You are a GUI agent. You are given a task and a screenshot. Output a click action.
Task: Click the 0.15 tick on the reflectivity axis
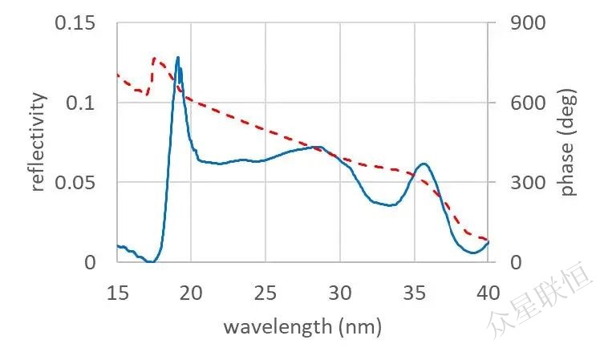tap(75, 23)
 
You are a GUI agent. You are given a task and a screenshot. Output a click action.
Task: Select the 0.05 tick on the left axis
tap(75, 183)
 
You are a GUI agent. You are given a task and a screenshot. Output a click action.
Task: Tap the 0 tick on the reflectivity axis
tap(90, 262)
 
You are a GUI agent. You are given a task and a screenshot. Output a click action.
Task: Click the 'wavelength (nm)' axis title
tap(302, 326)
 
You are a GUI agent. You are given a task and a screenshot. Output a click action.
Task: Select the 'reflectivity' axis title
tap(38, 143)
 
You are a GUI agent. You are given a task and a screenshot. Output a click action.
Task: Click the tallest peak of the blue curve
tap(177, 58)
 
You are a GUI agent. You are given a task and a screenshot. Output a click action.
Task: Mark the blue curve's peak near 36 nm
tap(424, 164)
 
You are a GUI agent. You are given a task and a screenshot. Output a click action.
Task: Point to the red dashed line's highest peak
tap(155, 59)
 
